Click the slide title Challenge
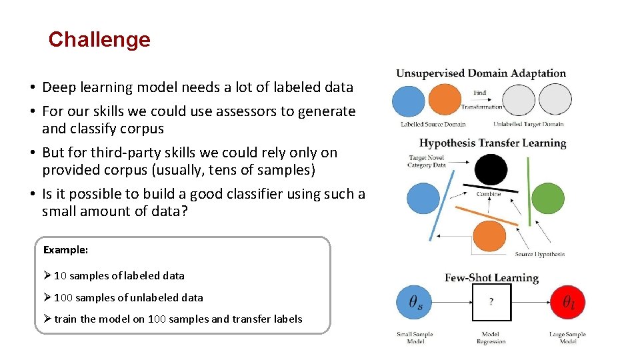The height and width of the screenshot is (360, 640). pos(99,39)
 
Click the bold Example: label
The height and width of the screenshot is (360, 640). pos(66,250)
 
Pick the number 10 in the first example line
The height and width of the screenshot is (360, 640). pos(60,276)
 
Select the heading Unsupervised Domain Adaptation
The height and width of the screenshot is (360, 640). pos(481,74)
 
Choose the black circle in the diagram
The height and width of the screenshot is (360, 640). pos(491,169)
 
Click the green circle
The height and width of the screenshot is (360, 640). pos(547,198)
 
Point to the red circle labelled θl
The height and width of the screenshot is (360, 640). pos(568,302)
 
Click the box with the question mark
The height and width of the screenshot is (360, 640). pos(491,302)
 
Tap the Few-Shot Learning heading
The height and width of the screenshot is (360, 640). pos(491,277)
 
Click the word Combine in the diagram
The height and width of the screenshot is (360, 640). pos(489,195)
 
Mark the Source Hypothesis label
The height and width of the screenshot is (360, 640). pos(539,254)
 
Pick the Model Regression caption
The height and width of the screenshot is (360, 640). pos(491,338)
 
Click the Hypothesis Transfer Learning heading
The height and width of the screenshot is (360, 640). pos(493,143)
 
